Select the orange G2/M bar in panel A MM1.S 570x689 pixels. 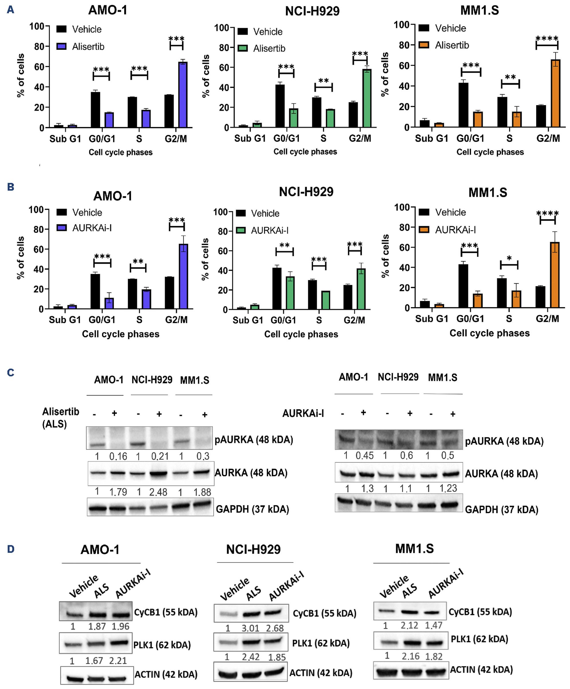556,93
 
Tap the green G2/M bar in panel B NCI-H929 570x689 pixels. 361,289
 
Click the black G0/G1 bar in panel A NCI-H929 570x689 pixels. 280,106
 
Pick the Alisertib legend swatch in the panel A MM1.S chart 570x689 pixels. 424,45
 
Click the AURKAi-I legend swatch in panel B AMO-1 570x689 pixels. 62,228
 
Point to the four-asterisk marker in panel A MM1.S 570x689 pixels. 547,39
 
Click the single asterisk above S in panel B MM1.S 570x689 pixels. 509,258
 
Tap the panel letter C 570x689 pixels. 11,373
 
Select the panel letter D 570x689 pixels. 11,549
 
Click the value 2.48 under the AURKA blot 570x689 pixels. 158,492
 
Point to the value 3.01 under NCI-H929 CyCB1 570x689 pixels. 251,628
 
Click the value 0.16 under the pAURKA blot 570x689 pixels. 118,456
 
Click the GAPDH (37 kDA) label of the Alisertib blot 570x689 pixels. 252,509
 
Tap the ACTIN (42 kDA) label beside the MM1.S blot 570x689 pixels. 481,670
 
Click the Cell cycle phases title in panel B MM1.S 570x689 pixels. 489,333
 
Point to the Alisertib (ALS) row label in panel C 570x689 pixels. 61,418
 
